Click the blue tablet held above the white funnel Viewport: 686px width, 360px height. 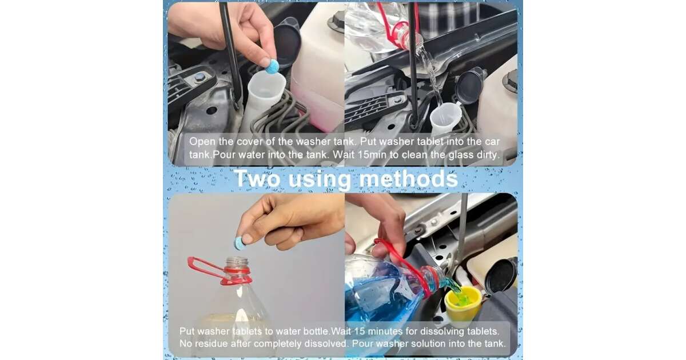click(272, 67)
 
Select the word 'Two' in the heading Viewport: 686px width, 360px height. click(257, 178)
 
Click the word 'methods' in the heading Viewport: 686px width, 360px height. click(408, 178)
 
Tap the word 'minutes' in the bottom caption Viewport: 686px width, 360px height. click(385, 331)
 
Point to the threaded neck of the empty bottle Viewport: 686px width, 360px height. click(237, 263)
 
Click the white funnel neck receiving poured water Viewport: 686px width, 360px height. click(445, 117)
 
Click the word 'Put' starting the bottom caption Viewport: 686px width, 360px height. click(187, 331)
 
